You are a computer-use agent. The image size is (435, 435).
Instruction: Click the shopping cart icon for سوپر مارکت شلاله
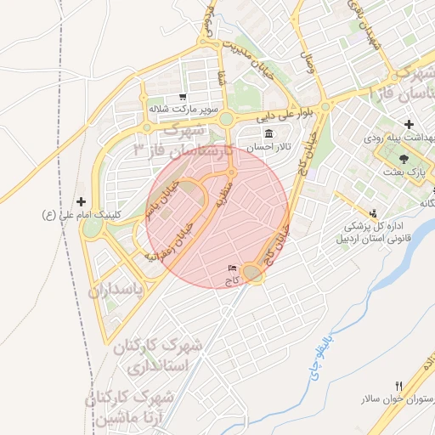[182, 97]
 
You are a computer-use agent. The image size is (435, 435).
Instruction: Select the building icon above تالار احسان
[269, 134]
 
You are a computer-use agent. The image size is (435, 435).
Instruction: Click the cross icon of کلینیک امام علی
[81, 202]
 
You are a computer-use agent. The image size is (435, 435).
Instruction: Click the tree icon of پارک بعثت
[404, 159]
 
